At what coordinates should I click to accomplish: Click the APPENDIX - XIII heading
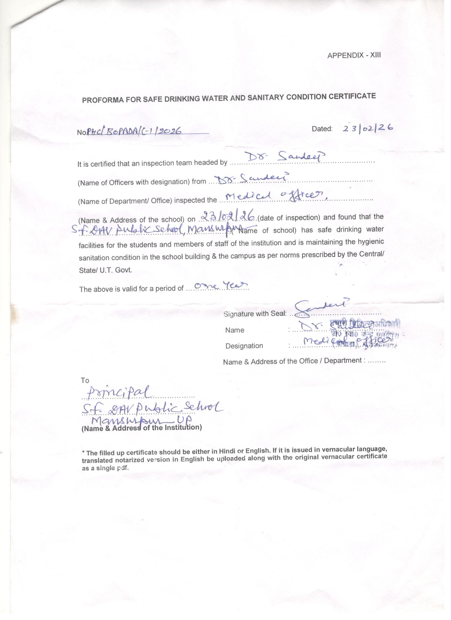pos(354,55)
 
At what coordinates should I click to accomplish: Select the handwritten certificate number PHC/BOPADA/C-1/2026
pos(134,132)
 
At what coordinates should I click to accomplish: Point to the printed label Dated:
pos(322,129)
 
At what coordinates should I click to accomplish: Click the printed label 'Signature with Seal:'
pos(255,313)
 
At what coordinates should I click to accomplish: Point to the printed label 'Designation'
pos(244,346)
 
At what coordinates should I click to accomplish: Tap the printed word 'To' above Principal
pos(85,380)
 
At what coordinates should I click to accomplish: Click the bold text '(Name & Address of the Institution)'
pos(142,427)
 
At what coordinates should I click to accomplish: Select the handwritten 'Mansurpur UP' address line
pos(142,421)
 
